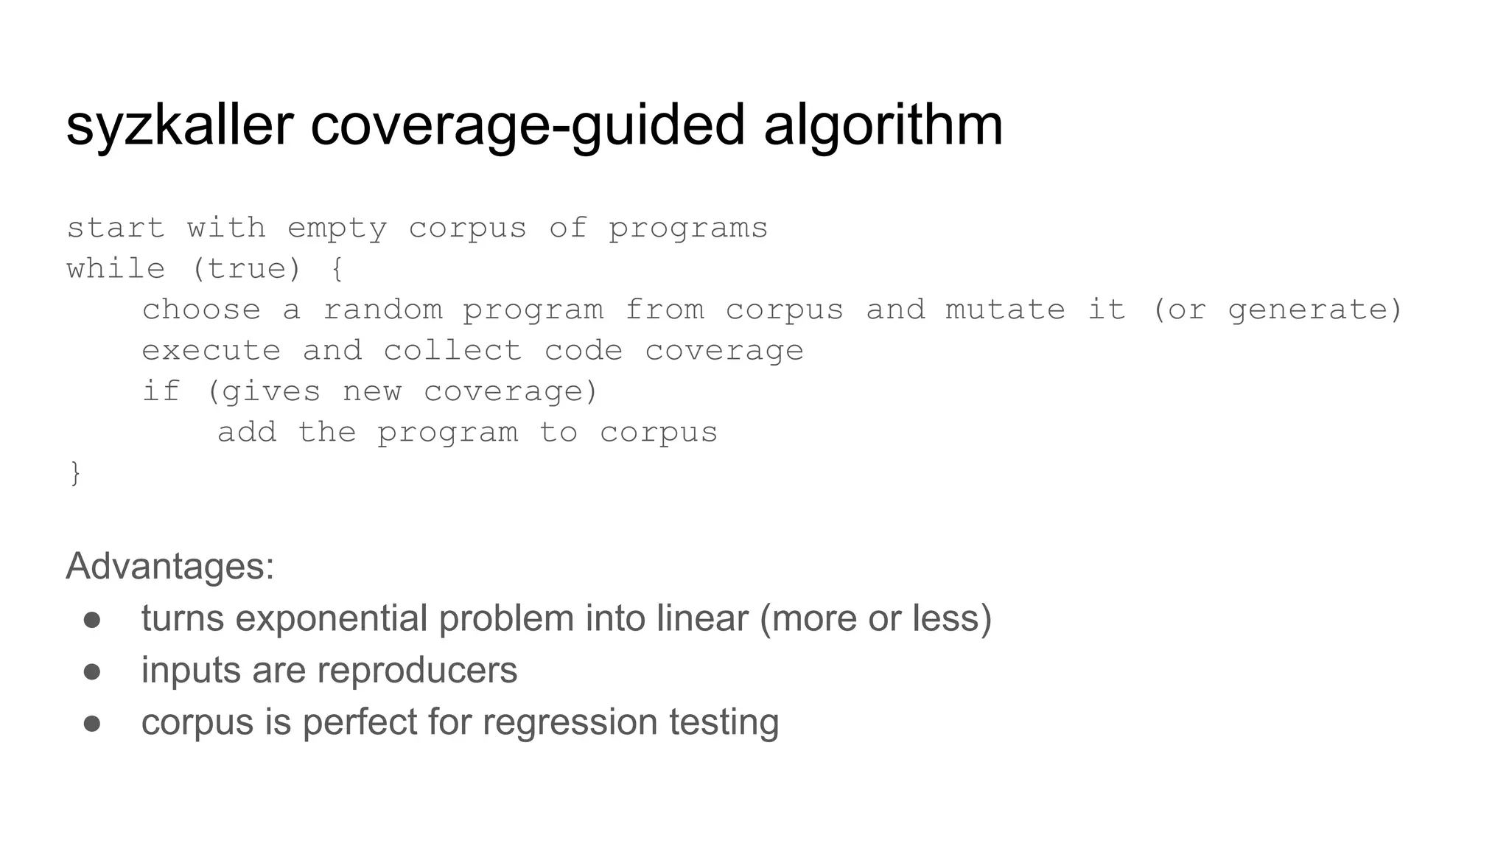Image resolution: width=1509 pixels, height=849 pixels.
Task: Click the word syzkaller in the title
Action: coord(179,125)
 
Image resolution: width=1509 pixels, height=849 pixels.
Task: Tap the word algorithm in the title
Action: coord(883,125)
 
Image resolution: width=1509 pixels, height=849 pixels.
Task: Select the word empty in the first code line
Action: coord(337,228)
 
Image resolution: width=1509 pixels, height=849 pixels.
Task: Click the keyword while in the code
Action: coord(116,269)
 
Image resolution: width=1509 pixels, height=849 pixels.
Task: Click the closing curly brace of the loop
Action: coord(75,472)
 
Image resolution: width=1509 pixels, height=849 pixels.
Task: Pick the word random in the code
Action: coord(383,310)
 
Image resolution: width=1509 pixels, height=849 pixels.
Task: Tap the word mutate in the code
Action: coord(1005,310)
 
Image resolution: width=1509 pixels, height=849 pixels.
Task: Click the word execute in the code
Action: coord(211,351)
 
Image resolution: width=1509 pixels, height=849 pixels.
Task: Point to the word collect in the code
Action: coord(452,351)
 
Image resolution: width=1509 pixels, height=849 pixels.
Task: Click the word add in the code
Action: coord(247,433)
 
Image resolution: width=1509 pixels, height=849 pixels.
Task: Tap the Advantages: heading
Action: coord(170,567)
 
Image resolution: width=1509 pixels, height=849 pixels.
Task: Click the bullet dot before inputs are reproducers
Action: coord(92,671)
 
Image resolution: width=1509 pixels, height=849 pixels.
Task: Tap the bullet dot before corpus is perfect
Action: coord(92,723)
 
